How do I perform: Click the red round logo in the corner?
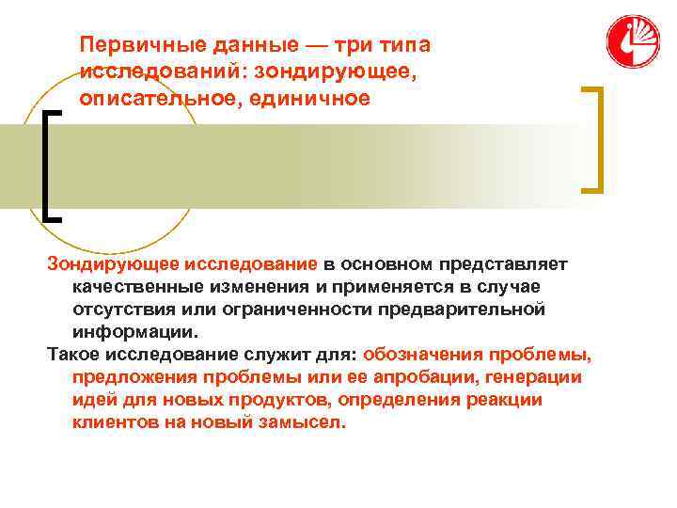[633, 41]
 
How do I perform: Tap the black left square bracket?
[52, 165]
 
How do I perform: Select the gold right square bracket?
[594, 139]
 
